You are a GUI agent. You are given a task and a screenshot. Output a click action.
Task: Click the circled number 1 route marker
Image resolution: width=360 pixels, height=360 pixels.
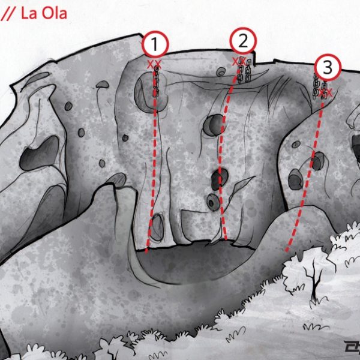(155, 44)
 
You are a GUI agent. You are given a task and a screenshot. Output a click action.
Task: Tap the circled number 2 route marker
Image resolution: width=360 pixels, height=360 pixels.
(243, 41)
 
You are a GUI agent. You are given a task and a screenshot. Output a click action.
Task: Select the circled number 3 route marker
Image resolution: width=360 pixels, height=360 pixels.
(328, 67)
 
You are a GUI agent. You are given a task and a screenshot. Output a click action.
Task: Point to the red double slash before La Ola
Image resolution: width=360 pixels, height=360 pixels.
(8, 14)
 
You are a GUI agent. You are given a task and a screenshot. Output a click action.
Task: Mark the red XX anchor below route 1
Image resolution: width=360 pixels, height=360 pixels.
(154, 64)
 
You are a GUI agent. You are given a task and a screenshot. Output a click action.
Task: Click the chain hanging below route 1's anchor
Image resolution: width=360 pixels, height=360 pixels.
(157, 81)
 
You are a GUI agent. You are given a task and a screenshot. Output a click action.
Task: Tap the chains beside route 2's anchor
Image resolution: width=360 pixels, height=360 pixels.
(244, 70)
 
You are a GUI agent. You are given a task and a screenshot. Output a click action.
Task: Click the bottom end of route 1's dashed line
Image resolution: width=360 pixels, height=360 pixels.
(146, 252)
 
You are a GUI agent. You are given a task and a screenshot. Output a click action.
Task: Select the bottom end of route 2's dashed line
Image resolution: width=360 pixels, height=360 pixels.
(226, 239)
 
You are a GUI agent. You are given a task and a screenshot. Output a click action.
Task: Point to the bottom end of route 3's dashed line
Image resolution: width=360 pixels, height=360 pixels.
(286, 250)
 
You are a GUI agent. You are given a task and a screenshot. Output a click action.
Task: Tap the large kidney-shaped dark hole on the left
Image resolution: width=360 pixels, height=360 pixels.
(40, 153)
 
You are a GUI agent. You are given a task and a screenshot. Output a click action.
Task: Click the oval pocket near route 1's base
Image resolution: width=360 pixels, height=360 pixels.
(157, 227)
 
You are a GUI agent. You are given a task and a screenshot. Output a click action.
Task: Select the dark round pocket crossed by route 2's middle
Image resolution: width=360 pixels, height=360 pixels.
(220, 179)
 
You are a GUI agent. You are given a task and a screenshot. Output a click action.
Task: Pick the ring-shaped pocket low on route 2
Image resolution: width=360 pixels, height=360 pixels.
(213, 202)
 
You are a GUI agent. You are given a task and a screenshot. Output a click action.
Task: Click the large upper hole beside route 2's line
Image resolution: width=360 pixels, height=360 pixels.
(213, 125)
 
